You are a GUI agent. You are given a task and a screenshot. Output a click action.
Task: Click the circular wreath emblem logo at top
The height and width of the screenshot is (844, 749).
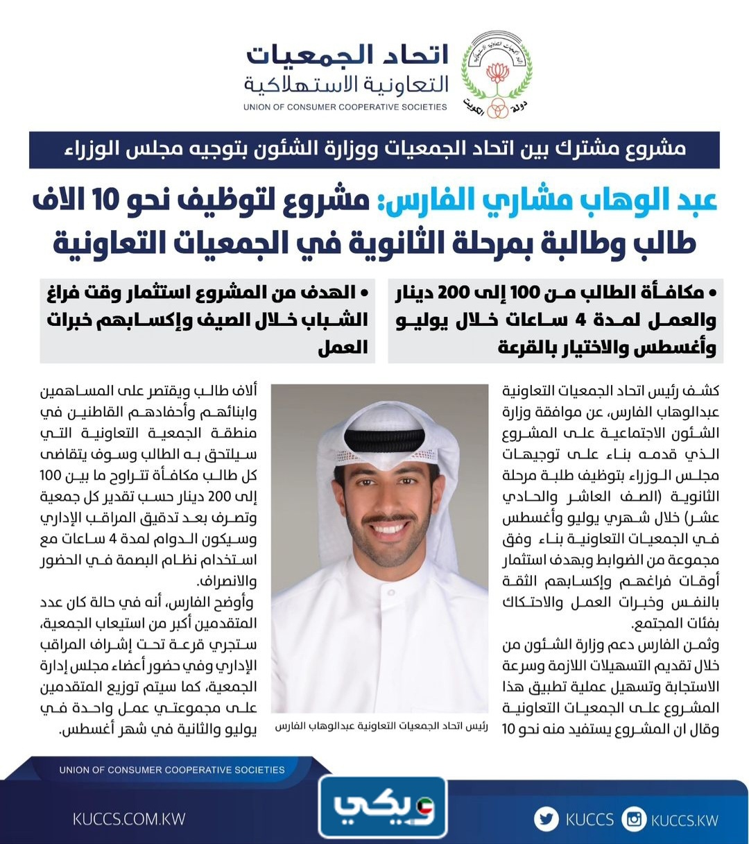pos(497,74)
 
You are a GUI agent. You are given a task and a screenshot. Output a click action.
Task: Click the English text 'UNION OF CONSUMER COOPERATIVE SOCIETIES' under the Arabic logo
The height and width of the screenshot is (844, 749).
pos(345,107)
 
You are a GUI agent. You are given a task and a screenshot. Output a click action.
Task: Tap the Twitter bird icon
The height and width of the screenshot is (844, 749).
pos(546,819)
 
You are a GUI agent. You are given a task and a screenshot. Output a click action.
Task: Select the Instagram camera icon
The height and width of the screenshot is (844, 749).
pos(634,819)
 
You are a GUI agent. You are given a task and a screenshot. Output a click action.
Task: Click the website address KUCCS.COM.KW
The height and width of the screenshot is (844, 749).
pos(129,819)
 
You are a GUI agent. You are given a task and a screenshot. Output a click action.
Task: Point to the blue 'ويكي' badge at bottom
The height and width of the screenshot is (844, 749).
pos(383,807)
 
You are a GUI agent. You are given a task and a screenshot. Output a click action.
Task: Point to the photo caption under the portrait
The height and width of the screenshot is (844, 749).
pos(381,726)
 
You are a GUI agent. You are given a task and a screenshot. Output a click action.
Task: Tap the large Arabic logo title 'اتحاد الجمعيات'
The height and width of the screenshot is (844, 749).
pos(347,56)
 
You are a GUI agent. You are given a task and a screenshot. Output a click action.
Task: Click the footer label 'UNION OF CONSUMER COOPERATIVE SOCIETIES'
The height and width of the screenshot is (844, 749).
pos(172,770)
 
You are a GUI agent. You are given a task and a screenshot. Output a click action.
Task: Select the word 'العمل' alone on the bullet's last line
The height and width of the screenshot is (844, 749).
pos(343,347)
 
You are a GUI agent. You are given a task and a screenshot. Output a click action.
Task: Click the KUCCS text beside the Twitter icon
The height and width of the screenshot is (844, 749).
pos(589,820)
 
